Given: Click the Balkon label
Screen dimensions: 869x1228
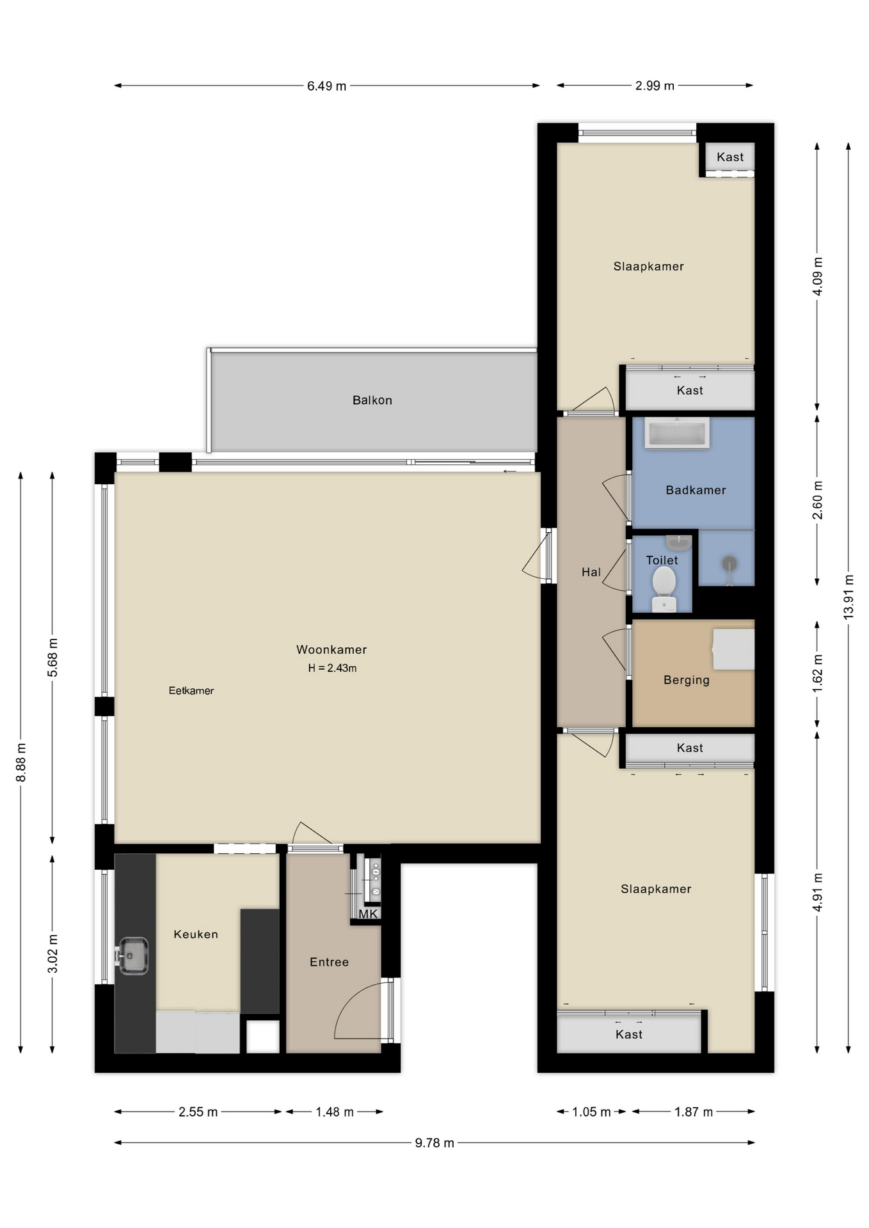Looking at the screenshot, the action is (372, 400).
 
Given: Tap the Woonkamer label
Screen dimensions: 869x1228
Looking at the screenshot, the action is (331, 650).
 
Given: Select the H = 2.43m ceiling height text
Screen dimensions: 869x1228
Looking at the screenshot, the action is (332, 668).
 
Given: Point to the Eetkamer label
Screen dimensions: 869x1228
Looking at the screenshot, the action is (191, 691).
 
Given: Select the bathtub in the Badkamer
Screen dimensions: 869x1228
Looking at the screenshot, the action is (677, 433).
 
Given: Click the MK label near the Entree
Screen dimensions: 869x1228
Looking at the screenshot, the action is (368, 914).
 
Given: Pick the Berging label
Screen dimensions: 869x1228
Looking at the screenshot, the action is (687, 681).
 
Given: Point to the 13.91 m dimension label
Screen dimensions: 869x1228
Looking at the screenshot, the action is (849, 597).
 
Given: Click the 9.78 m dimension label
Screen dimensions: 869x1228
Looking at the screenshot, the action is (434, 1143).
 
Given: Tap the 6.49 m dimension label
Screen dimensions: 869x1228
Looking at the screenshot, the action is (326, 86).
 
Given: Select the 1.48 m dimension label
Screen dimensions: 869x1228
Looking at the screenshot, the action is (335, 1112).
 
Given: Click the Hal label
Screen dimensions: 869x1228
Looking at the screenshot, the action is (591, 572).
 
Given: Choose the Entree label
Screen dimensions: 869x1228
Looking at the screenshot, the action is (329, 962).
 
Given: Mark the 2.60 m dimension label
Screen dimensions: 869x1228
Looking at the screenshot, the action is (818, 500).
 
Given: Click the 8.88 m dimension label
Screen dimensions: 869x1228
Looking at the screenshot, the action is (21, 762).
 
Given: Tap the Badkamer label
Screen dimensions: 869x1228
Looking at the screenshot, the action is (696, 491).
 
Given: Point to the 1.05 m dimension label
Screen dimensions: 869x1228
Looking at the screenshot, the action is (591, 1112).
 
